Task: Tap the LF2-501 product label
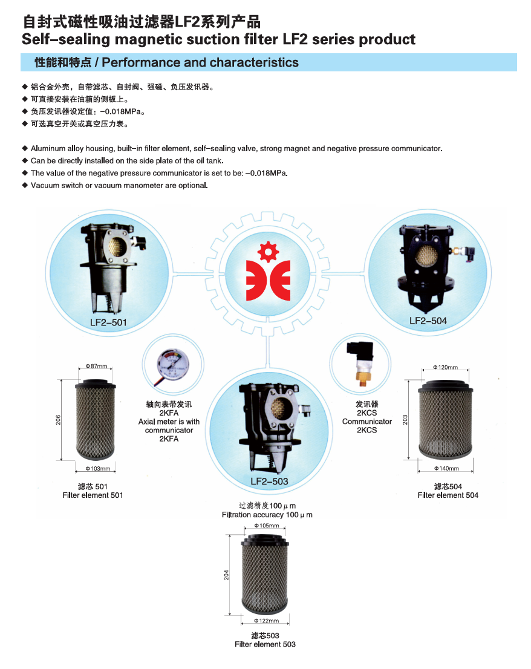point(108,322)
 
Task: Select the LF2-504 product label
point(428,321)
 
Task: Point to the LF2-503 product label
point(269,481)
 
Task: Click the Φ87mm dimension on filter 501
point(96,366)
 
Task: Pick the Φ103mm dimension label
point(97,468)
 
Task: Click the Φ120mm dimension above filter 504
point(445,367)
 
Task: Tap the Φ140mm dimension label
point(446,468)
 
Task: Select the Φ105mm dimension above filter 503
point(267,526)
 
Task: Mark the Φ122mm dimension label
point(267,621)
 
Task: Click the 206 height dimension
point(58,420)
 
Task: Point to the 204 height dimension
point(226,575)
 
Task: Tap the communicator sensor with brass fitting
point(360,363)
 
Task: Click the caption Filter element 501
point(93,495)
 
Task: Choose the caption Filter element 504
point(448,495)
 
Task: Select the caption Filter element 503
point(265,644)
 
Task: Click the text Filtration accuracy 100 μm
point(267,515)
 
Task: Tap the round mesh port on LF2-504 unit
point(426,255)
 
